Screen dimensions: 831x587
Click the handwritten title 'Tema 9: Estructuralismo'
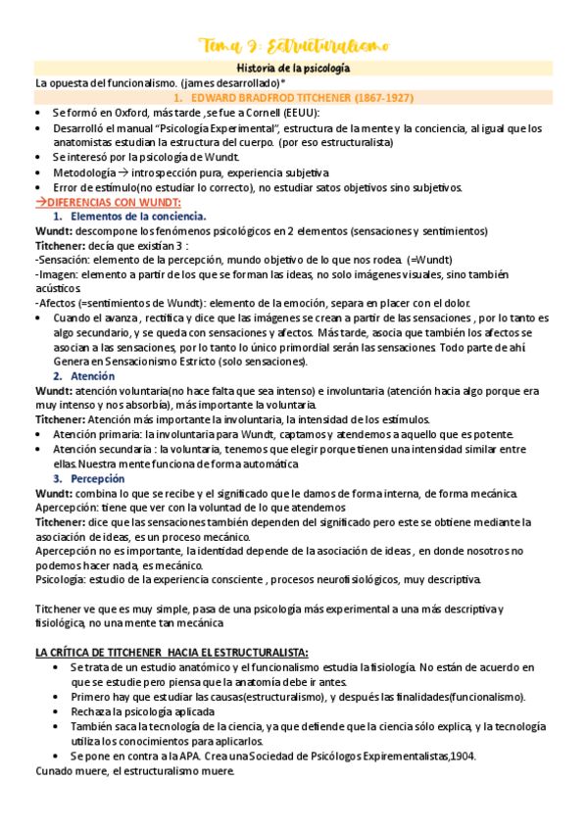(x=293, y=45)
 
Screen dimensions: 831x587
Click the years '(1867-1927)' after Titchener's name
(x=377, y=98)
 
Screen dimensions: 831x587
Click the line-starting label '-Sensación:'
(x=60, y=260)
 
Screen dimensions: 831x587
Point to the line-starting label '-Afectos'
(x=57, y=303)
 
